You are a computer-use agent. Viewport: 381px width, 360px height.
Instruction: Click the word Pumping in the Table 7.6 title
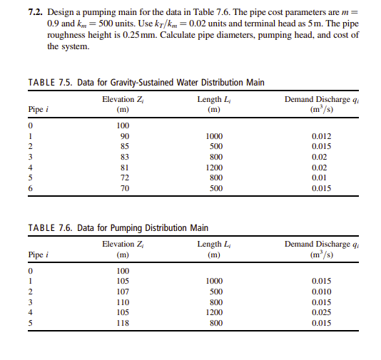[130, 228]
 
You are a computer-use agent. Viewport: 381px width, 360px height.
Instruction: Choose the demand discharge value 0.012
[322, 135]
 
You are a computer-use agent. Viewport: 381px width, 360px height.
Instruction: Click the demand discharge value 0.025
[322, 313]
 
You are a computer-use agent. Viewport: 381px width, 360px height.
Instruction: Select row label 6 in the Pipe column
[31, 189]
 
